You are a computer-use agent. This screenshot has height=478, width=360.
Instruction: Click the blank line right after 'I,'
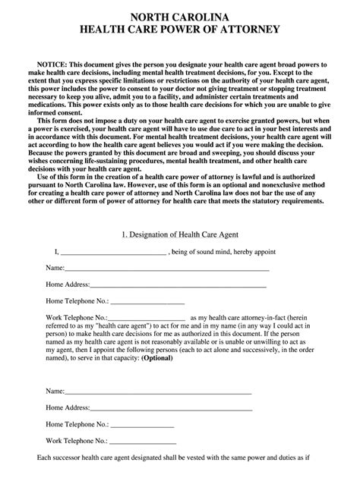point(112,253)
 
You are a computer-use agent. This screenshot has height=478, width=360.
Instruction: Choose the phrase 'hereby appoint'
point(242,252)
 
